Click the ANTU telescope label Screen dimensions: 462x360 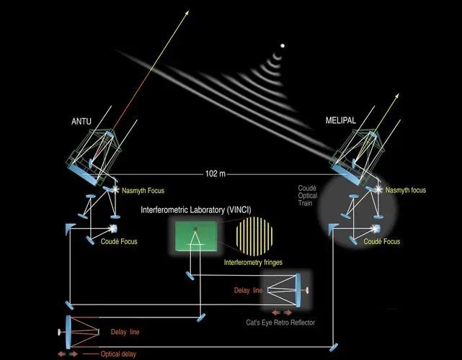(x=81, y=121)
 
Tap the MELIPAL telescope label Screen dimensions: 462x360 (x=341, y=120)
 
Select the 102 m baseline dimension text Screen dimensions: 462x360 (x=215, y=174)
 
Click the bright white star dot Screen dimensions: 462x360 (x=283, y=45)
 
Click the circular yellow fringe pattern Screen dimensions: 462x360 (x=254, y=236)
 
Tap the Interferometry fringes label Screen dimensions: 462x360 (x=253, y=262)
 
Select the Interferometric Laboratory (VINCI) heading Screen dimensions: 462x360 (x=196, y=210)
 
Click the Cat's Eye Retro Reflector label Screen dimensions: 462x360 (x=280, y=323)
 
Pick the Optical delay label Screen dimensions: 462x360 (x=118, y=354)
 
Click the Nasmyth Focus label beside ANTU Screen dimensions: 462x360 (x=143, y=191)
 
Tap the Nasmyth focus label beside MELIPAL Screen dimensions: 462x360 (x=406, y=190)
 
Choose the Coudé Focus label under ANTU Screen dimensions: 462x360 (x=119, y=241)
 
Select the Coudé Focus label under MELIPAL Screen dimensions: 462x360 (x=382, y=241)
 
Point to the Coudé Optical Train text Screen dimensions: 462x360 (x=308, y=195)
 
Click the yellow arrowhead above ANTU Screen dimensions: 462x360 (x=187, y=13)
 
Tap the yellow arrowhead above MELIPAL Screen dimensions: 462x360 (x=397, y=96)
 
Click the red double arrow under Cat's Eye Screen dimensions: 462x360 (x=282, y=312)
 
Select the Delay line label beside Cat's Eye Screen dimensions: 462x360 (x=248, y=291)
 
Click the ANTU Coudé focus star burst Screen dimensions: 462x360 (x=112, y=228)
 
